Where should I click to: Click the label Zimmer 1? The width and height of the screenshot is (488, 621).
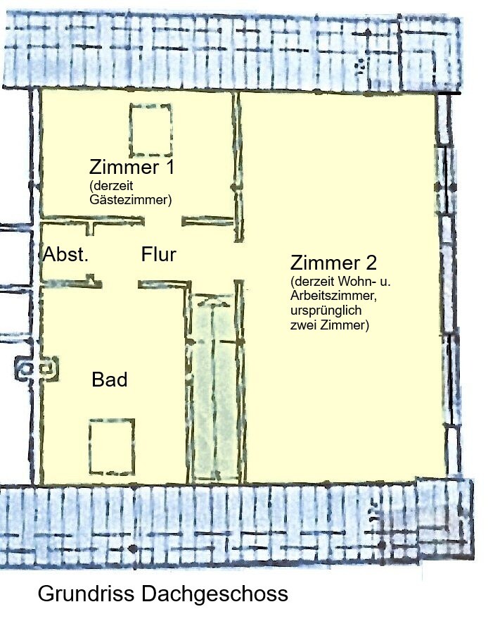point(131,167)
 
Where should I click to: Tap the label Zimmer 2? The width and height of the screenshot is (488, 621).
point(333,263)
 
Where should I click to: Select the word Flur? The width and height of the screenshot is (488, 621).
point(159,254)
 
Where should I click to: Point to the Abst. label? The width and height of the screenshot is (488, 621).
point(65,254)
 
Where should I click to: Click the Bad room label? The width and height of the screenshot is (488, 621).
point(110,379)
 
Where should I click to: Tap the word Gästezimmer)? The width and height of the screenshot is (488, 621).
point(131,200)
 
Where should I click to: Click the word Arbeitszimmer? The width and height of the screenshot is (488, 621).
point(333,296)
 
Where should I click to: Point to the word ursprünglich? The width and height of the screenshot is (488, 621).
point(326,310)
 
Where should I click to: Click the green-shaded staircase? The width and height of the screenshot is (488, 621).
point(214,388)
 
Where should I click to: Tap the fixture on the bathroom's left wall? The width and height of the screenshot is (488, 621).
point(37,369)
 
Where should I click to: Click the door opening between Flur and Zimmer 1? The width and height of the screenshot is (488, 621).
point(163,221)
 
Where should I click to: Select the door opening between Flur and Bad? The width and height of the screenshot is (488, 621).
point(120,284)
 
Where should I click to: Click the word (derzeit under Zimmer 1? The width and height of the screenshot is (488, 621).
point(111,185)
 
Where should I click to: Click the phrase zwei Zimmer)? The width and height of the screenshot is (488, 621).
point(329,325)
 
